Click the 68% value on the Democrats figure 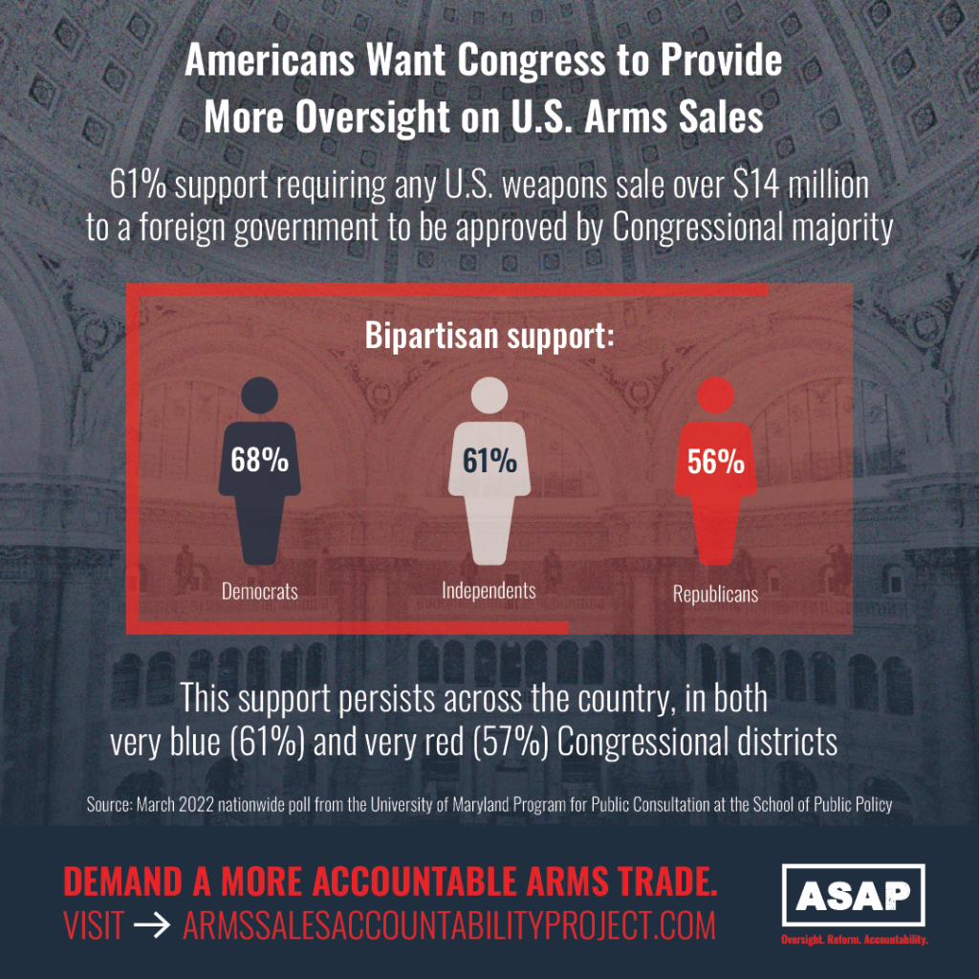point(259,460)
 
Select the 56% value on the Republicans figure point(716,462)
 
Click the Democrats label point(260,591)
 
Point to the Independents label point(489,590)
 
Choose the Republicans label point(715,595)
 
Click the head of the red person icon point(716,395)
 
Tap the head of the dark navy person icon point(259,395)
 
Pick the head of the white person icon point(489,395)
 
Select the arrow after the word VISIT point(152,925)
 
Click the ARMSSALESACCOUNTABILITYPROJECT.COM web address point(447,925)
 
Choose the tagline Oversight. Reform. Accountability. point(854,941)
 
